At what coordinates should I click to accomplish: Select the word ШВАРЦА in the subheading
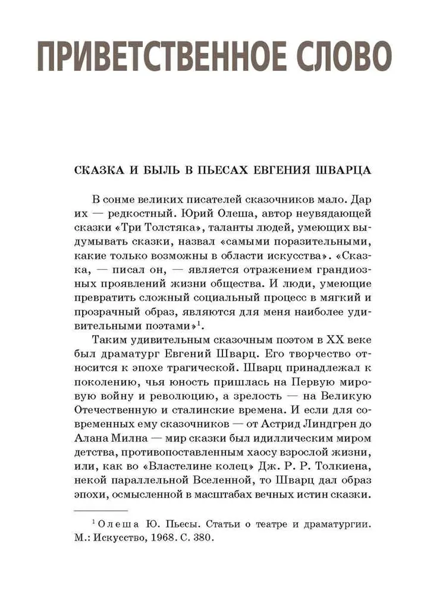pos(346,170)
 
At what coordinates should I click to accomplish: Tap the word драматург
pos(128,371)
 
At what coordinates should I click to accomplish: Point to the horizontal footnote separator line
pos(100,510)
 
